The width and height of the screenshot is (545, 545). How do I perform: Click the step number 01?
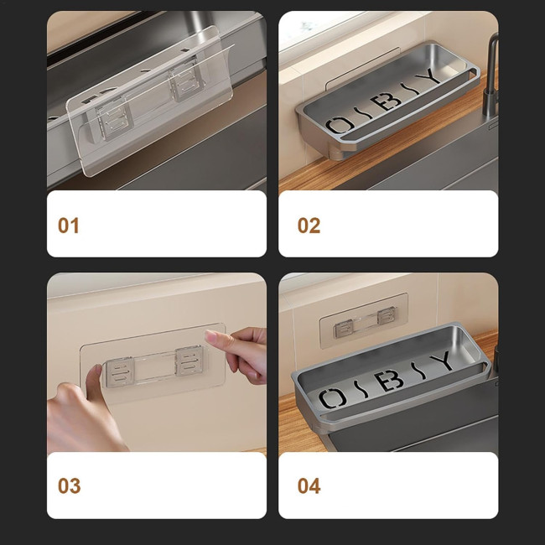[69, 226]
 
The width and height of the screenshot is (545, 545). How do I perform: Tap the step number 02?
[309, 226]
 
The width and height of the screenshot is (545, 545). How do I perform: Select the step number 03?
[69, 485]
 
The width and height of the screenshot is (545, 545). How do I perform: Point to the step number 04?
[309, 485]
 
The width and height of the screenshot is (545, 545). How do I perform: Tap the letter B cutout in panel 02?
[386, 101]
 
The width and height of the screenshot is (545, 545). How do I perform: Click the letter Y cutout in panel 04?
[443, 361]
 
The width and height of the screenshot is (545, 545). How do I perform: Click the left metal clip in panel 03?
[120, 372]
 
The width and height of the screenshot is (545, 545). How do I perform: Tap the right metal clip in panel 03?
[189, 361]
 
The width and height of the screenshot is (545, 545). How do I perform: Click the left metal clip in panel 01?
[114, 120]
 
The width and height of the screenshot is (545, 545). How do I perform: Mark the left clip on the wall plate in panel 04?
[344, 330]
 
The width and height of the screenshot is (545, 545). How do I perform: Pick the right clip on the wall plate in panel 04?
[387, 316]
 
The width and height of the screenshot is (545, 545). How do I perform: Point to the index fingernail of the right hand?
[210, 336]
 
